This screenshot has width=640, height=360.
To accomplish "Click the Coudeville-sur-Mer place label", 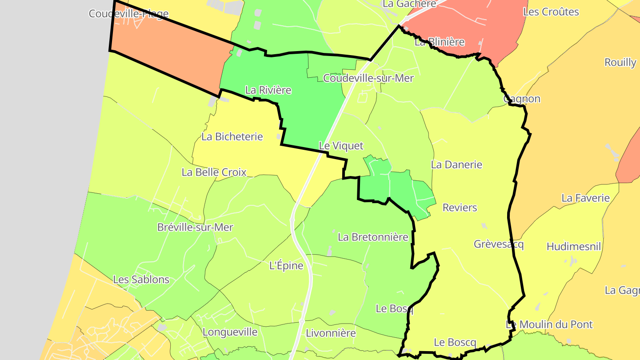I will (368, 78).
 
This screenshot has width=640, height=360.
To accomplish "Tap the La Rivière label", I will (268, 90).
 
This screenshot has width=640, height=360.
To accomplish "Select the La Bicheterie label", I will (232, 136).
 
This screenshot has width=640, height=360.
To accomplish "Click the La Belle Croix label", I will (214, 172).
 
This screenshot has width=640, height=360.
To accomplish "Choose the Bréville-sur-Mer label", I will (195, 227).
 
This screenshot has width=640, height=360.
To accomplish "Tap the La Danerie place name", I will (456, 164).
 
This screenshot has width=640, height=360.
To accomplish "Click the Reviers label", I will (460, 208).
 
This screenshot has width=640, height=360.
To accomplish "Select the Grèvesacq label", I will (499, 244).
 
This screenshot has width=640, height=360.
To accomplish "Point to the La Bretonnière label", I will (373, 237).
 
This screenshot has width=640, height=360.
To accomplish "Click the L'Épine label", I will (286, 266).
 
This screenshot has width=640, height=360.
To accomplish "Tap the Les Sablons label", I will (141, 280).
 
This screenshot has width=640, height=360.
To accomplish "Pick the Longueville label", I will (230, 332).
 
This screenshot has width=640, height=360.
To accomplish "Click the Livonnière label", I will (331, 333).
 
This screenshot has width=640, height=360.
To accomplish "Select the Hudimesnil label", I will (573, 247).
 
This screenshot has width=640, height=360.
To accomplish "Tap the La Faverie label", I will (585, 198).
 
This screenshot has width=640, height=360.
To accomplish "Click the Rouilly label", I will (620, 62).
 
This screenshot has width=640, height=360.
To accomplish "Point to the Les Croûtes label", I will (551, 12).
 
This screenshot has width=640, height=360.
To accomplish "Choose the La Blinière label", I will (439, 42).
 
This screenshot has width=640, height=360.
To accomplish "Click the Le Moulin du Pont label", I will (549, 324).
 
